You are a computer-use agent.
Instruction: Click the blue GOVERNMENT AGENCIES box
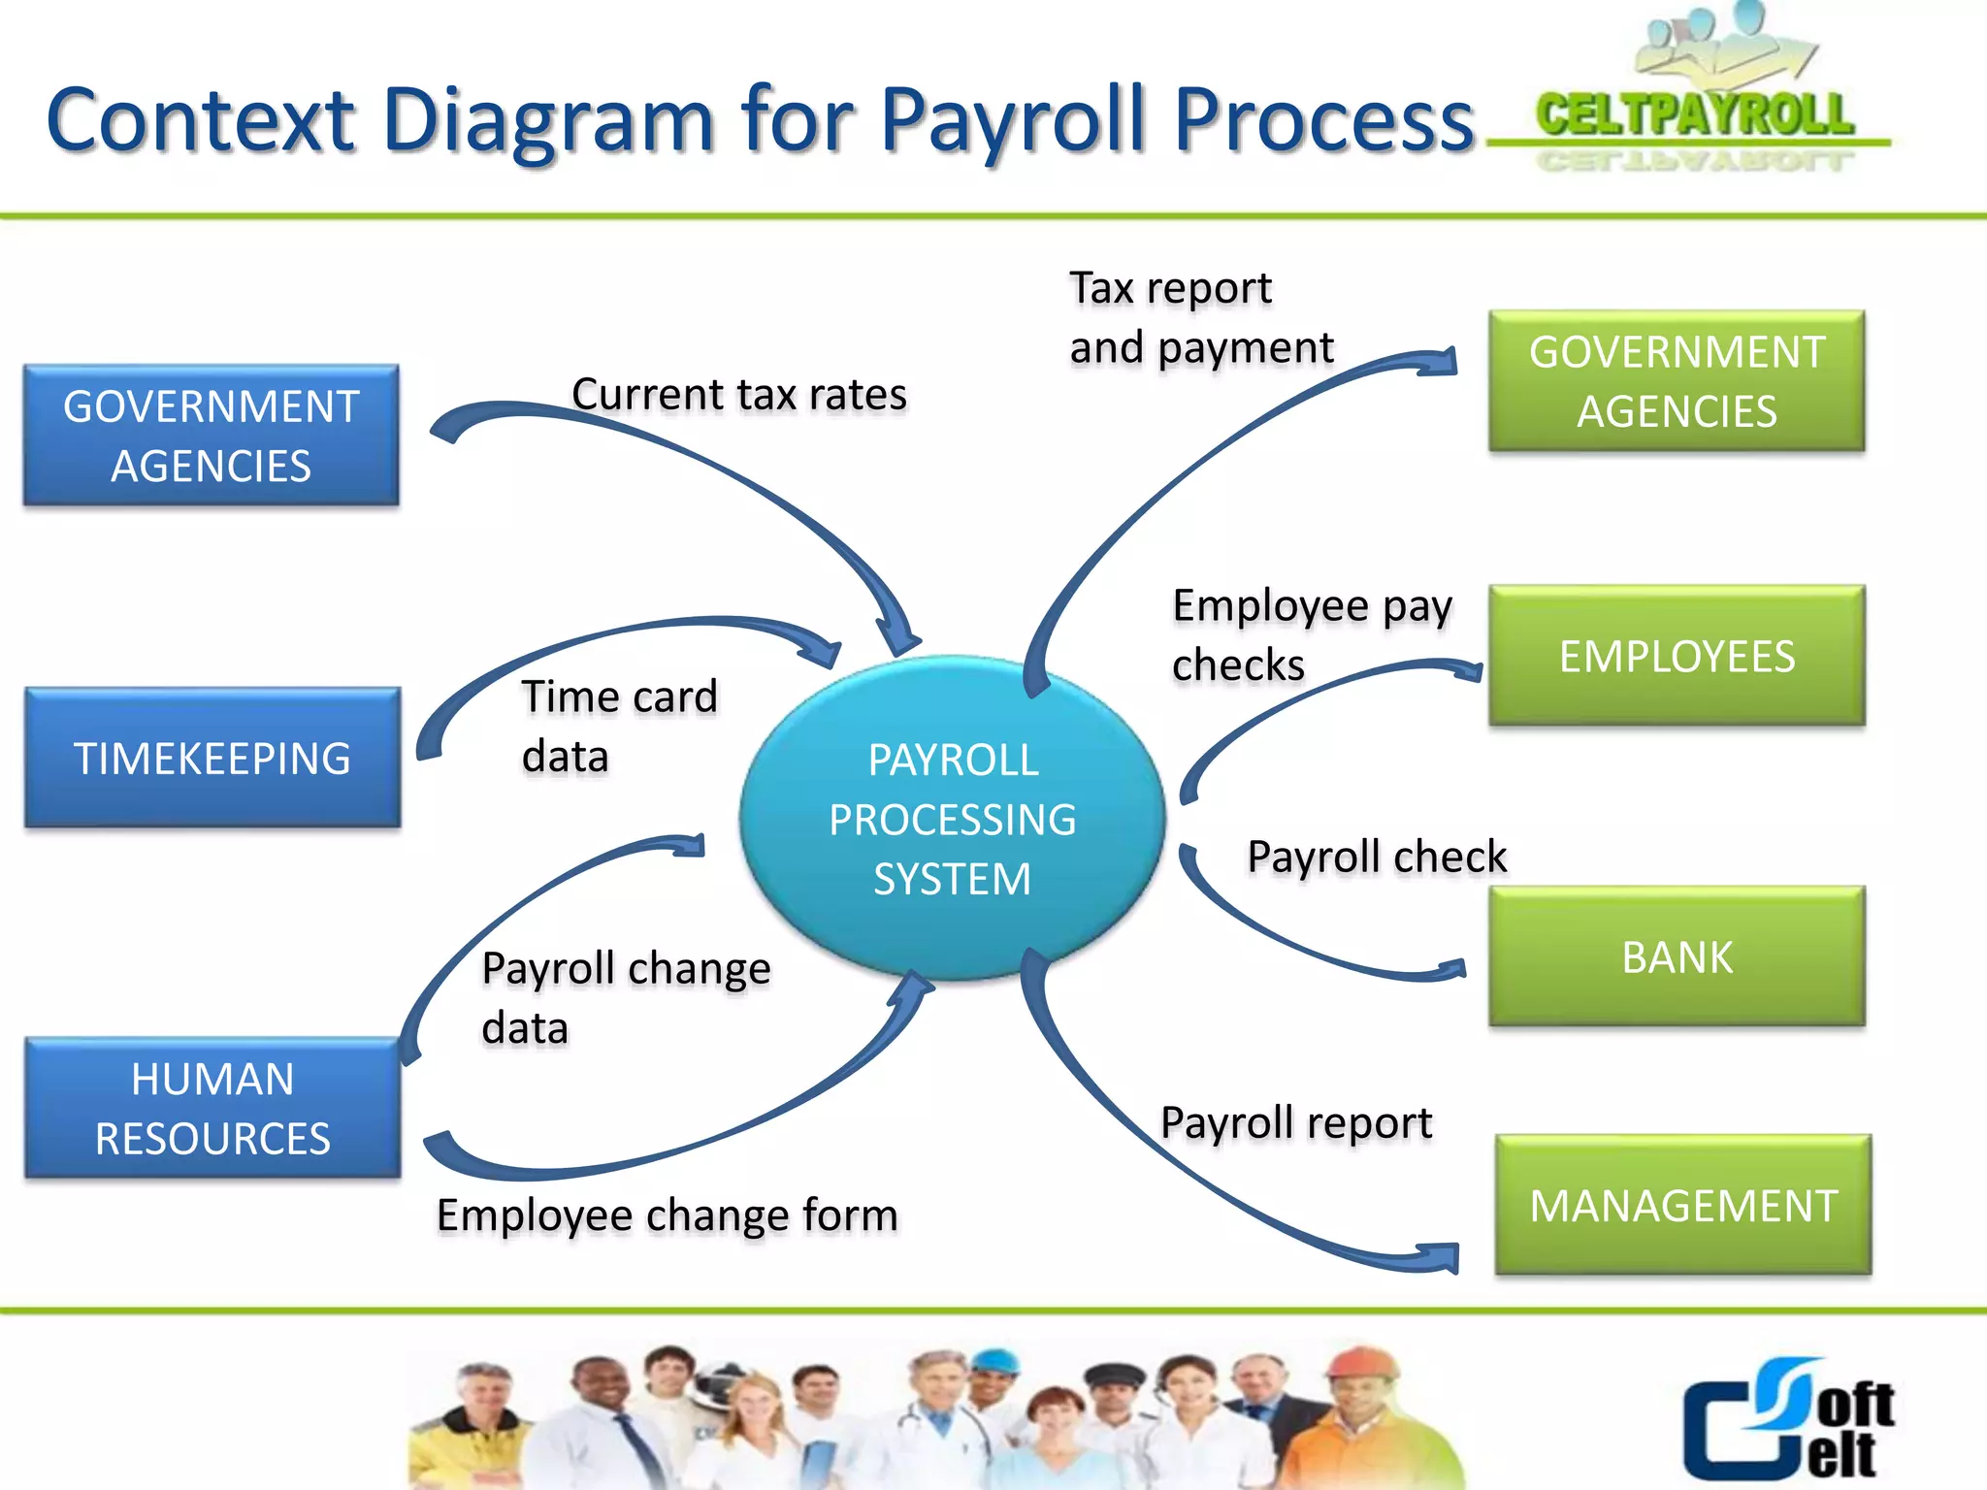[212, 436]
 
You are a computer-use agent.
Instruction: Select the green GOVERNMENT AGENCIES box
[1677, 381]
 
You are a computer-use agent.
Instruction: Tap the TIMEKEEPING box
[212, 758]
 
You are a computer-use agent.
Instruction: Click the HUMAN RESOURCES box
[212, 1108]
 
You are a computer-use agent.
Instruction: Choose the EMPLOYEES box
[1677, 656]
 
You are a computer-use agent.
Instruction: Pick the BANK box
[1677, 956]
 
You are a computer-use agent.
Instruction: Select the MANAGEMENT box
[1683, 1205]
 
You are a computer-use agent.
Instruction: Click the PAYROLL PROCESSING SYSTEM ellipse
[952, 819]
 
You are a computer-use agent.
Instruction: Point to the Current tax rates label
[739, 394]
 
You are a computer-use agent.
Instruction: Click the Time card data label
[619, 726]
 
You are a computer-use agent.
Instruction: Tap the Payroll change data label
[626, 997]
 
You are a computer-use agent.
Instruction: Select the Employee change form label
[668, 1215]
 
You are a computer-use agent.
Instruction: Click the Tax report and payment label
[1201, 317]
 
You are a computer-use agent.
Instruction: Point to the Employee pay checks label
[1312, 634]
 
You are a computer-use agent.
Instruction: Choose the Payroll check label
[1377, 857]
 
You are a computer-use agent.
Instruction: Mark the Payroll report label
[1296, 1122]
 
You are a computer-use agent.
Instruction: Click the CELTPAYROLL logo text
[1695, 114]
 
